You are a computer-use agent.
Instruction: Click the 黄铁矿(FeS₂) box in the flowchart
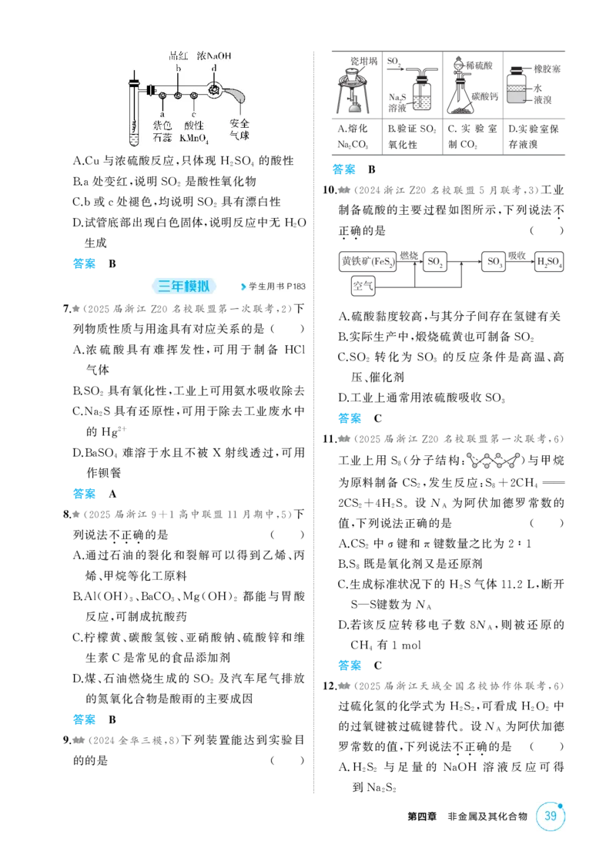coord(367,261)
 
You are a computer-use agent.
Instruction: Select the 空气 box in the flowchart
coord(363,286)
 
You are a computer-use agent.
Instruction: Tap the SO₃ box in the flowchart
coord(494,261)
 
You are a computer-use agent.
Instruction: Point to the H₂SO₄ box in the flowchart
coord(549,261)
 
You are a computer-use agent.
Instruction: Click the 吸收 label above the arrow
coord(517,256)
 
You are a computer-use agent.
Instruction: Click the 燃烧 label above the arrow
coord(409,256)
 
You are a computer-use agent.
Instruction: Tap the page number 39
coord(551,816)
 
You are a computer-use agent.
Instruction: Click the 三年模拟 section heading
coord(183,286)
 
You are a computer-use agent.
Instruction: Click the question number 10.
coord(330,190)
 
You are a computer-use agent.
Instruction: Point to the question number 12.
coord(330,686)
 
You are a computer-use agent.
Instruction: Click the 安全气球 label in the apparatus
coord(239,129)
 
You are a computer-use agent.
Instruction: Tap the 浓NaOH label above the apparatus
coord(214,55)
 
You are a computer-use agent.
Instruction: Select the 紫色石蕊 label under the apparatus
coord(162,132)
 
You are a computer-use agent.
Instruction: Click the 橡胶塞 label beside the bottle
coord(547,69)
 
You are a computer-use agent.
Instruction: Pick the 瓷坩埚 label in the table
coord(364,61)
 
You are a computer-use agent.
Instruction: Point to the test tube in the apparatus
coord(134,110)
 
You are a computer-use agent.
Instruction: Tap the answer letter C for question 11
coord(378,666)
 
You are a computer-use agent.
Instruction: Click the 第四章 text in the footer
coord(422,816)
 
